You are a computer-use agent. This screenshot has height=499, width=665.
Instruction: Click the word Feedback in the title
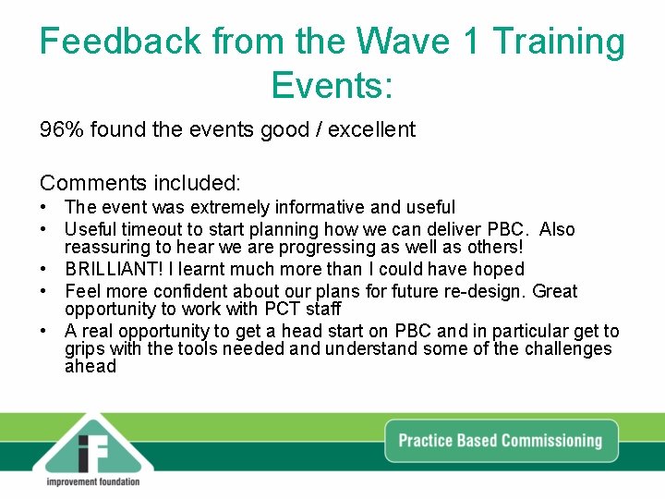pyautogui.click(x=121, y=43)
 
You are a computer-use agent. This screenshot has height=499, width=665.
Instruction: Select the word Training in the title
pyautogui.click(x=558, y=43)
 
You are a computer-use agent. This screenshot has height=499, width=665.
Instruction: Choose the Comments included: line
pyautogui.click(x=139, y=183)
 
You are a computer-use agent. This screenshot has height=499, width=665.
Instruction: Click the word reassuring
pyautogui.click(x=108, y=247)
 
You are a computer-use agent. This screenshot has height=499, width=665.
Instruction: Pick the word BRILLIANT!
pyautogui.click(x=115, y=269)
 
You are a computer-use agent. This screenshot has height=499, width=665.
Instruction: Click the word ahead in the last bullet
pyautogui.click(x=90, y=366)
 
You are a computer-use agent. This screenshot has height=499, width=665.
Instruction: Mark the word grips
pyautogui.click(x=84, y=348)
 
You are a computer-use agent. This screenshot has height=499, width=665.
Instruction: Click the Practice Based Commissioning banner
pyautogui.click(x=500, y=441)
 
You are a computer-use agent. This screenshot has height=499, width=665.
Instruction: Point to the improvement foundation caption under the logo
pyautogui.click(x=92, y=481)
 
